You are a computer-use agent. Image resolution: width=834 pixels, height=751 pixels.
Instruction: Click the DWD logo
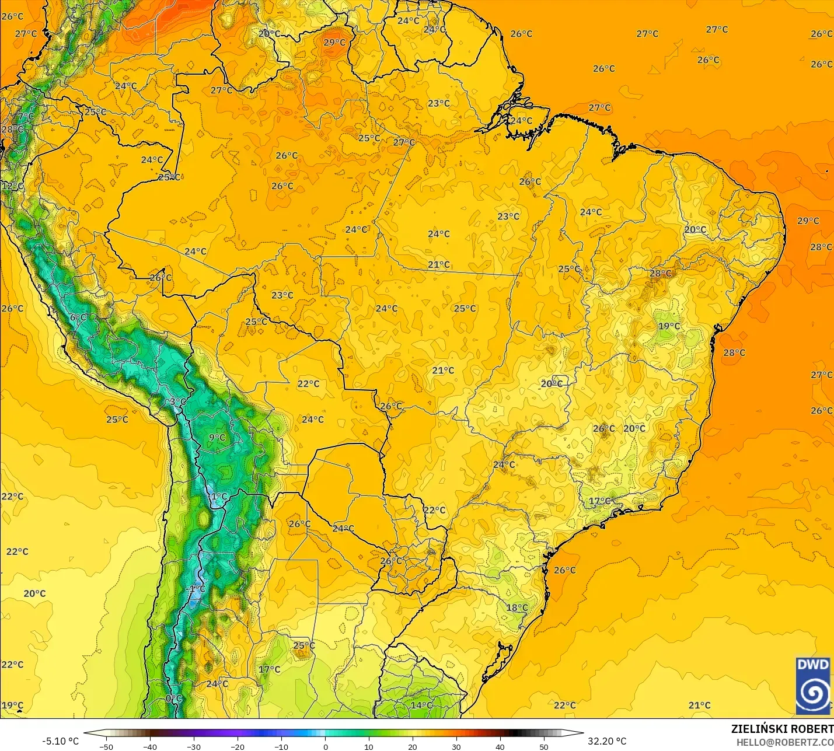(813, 686)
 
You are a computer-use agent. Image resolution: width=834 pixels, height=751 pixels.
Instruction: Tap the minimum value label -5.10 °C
(60, 741)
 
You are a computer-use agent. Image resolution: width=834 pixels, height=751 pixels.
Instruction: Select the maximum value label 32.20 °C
(607, 741)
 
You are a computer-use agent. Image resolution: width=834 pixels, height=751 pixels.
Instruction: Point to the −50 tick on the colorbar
(106, 746)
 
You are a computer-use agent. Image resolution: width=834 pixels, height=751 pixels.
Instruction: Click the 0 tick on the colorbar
(325, 746)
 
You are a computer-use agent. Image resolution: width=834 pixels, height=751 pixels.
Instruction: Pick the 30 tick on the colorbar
(456, 746)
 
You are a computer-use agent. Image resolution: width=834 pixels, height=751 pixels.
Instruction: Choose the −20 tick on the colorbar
(238, 746)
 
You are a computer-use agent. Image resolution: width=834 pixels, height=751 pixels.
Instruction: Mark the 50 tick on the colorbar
(544, 746)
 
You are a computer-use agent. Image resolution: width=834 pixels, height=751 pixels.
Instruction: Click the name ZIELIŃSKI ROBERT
(782, 729)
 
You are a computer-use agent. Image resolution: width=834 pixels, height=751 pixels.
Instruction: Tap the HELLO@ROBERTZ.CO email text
(784, 742)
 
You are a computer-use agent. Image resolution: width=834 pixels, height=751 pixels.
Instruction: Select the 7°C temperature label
(26, 117)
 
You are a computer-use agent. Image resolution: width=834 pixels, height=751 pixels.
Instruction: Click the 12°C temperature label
(13, 186)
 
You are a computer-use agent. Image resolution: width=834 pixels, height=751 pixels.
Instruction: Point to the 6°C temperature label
(78, 317)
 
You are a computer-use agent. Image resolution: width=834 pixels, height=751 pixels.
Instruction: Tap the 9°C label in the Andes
(217, 437)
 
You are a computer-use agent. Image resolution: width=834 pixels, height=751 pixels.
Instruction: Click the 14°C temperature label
(421, 705)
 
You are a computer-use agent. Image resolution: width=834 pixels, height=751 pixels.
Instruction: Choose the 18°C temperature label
(517, 607)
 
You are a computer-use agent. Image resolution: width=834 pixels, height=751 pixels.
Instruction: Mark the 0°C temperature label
(174, 698)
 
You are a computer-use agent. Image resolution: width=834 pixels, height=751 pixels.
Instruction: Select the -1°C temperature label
(197, 589)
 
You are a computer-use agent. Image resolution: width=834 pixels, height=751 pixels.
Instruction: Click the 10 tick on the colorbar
(369, 746)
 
